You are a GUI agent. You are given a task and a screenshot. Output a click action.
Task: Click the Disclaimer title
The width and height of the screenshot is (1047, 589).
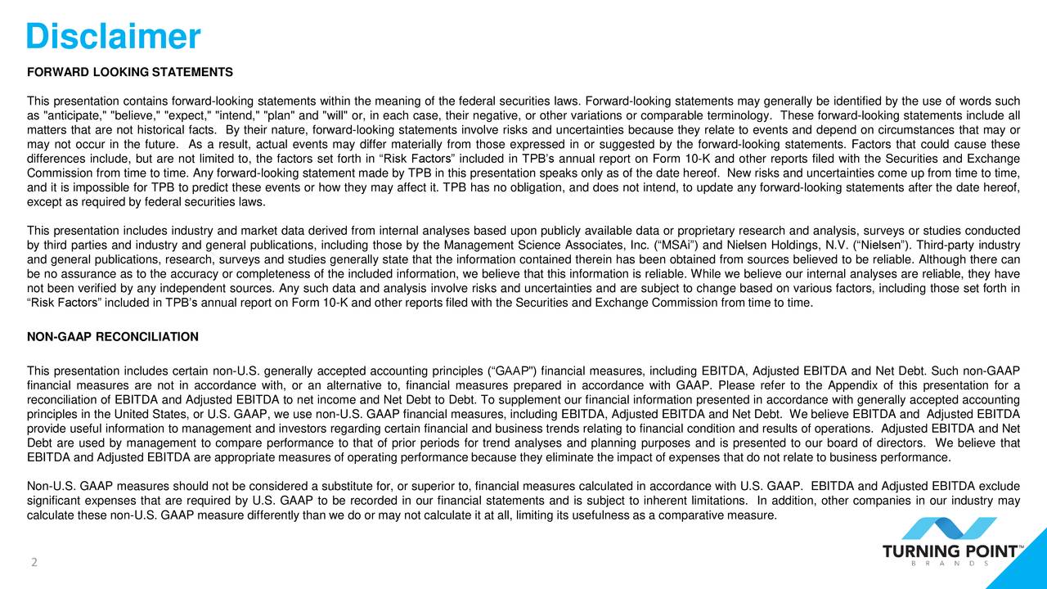113,37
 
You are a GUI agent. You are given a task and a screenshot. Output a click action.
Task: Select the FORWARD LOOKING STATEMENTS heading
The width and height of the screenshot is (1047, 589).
130,72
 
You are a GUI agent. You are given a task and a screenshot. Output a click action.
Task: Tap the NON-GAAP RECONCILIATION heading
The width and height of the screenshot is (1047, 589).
113,337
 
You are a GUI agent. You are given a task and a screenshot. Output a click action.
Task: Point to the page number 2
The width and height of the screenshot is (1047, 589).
34,563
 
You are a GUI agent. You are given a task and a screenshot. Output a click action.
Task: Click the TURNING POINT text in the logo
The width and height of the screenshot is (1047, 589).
950,552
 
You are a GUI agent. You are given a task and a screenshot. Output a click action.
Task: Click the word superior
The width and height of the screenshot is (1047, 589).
428,487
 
